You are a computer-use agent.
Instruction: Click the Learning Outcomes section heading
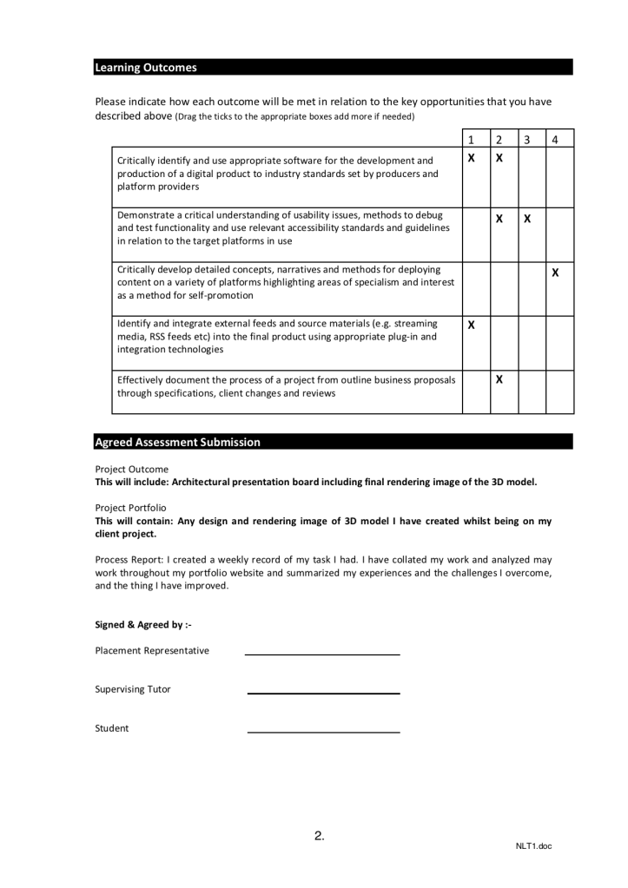tap(146, 68)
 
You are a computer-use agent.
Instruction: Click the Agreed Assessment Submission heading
tap(177, 442)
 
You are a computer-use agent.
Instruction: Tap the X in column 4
tap(555, 273)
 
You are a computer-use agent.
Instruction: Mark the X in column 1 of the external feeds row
tap(471, 326)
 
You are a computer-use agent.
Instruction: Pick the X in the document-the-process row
tap(499, 379)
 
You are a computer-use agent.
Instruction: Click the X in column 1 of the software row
tap(471, 160)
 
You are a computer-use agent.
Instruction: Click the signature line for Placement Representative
tap(322, 654)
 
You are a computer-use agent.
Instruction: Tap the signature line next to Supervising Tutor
tap(323, 693)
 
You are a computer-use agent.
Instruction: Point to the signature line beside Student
tap(323, 732)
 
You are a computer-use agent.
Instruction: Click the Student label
tap(112, 728)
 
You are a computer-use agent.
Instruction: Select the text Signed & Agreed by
tap(142, 624)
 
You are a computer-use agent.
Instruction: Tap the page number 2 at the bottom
tap(319, 836)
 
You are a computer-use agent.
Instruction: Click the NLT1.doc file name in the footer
tap(533, 846)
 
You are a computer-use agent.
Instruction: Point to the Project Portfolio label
tap(130, 508)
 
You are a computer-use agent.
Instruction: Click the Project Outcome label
tap(131, 470)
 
